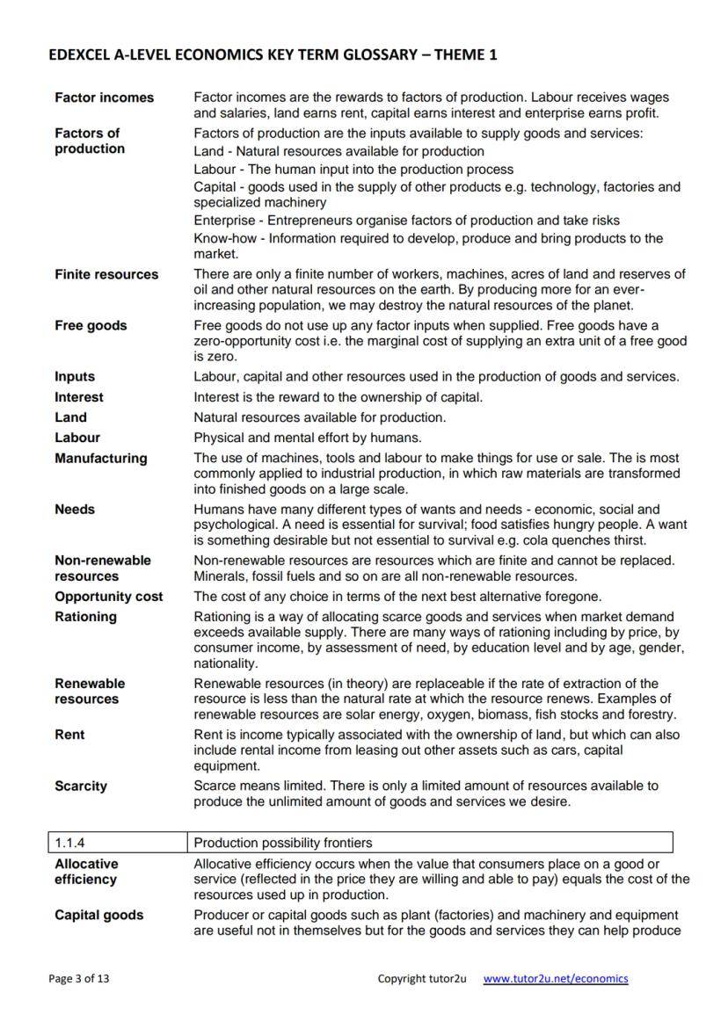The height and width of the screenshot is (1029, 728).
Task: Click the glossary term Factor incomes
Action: coord(104,98)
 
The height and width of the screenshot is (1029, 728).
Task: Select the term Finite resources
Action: coord(106,274)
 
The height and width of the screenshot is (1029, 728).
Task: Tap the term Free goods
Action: coord(91,325)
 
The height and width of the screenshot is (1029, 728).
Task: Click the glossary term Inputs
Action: coord(75,376)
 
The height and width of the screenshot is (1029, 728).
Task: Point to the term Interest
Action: coord(79,397)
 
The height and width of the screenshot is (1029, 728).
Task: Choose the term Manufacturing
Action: coord(101,458)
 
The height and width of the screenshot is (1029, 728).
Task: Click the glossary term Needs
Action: coord(75,509)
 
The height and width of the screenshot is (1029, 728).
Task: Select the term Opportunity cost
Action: coord(108,597)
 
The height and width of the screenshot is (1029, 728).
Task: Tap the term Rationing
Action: coord(85,617)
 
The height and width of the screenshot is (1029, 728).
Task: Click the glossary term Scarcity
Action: coord(81,786)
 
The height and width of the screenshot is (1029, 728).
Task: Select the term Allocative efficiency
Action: coord(86,872)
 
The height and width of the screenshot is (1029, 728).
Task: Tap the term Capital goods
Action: coord(98,915)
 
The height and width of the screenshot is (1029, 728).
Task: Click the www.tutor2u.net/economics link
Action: coord(556,978)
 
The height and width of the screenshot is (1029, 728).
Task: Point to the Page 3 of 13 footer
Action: coord(79,978)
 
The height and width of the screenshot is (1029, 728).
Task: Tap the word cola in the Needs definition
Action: coord(513,540)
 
